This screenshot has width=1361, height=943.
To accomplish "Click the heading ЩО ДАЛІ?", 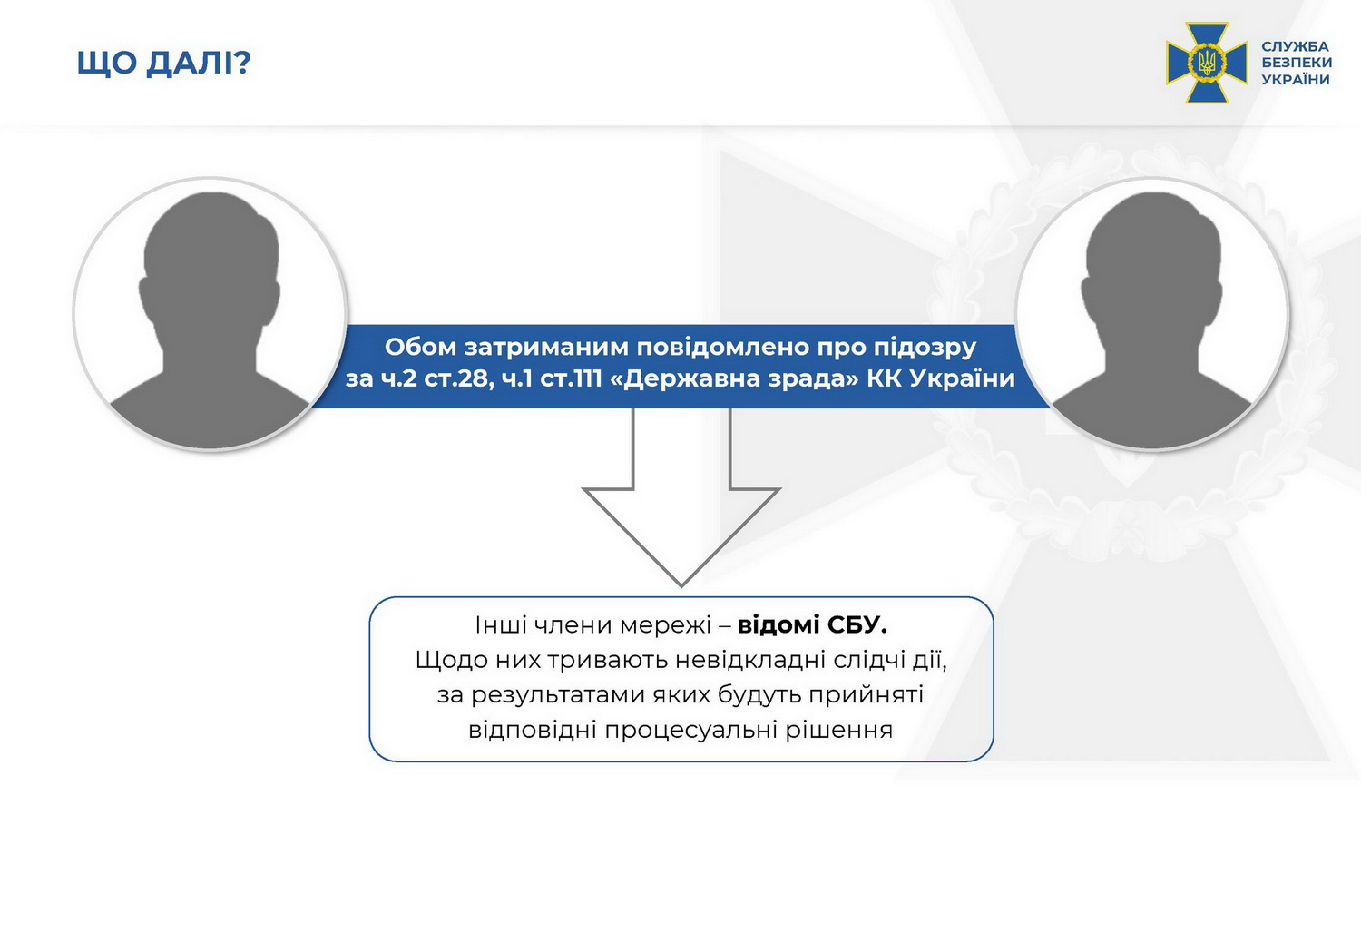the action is pos(163,64).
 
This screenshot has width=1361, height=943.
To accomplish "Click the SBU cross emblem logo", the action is pos(1207,63).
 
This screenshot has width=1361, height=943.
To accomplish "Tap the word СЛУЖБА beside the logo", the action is pos(1295,46).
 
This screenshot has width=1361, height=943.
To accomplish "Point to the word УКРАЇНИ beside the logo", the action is pos(1296,79).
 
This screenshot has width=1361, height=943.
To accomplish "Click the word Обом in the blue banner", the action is pos(420,347).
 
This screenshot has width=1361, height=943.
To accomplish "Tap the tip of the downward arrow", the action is pos(681,585).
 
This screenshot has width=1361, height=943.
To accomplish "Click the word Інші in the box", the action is pos(501,625).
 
